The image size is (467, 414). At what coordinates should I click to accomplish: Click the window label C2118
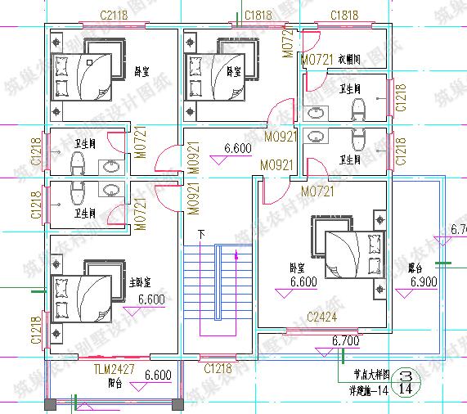coord(115,16)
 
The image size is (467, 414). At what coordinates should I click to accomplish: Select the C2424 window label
coord(321,317)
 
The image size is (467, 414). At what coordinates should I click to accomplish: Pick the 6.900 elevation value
coord(424,281)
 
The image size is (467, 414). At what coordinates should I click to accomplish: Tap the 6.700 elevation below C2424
coord(346,340)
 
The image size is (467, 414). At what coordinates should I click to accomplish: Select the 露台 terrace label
coord(415,268)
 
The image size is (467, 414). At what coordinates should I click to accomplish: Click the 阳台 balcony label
coord(115,383)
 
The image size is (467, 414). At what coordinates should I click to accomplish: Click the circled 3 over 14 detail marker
coord(403,382)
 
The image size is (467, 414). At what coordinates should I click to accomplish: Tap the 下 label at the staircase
coord(200,235)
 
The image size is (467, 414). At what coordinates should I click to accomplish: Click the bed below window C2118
coord(81,76)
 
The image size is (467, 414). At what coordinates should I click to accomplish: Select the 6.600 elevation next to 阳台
coord(157,376)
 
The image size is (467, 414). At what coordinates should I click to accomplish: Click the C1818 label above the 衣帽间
coord(344,16)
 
